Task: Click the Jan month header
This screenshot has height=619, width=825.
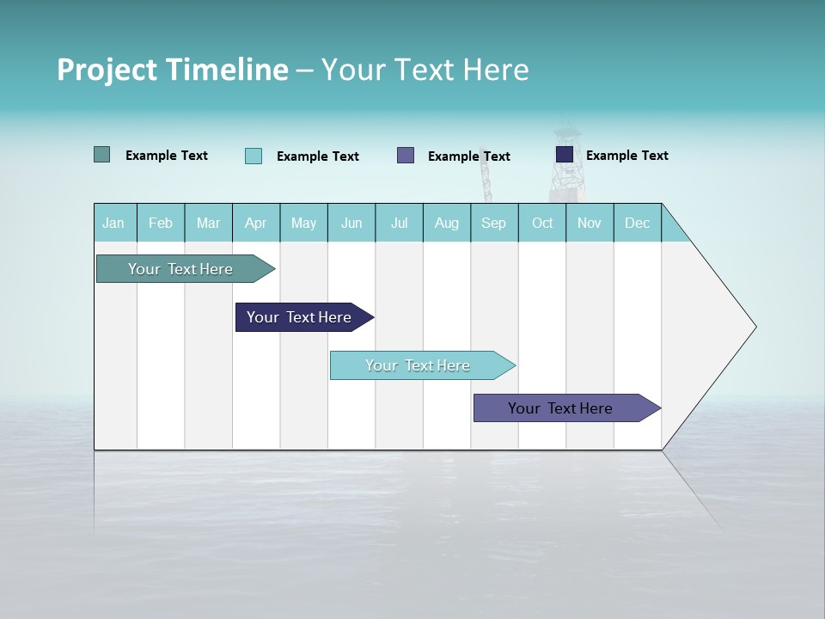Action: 113,223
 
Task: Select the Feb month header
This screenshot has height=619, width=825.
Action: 161,223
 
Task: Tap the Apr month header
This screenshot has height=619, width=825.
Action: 255,223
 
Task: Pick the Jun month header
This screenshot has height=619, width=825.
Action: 351,223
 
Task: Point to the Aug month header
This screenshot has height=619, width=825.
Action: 446,223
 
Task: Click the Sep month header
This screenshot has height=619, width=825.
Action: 493,223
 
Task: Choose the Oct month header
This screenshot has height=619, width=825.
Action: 542,223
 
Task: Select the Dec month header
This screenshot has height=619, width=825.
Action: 637,223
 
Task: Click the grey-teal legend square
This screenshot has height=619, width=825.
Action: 101,155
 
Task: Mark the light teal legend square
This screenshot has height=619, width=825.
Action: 254,156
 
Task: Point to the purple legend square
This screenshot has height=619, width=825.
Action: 406,156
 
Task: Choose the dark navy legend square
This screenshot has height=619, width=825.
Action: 565,155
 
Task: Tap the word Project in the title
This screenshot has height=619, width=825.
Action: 107,70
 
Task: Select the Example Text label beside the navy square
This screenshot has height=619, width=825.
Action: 626,156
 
